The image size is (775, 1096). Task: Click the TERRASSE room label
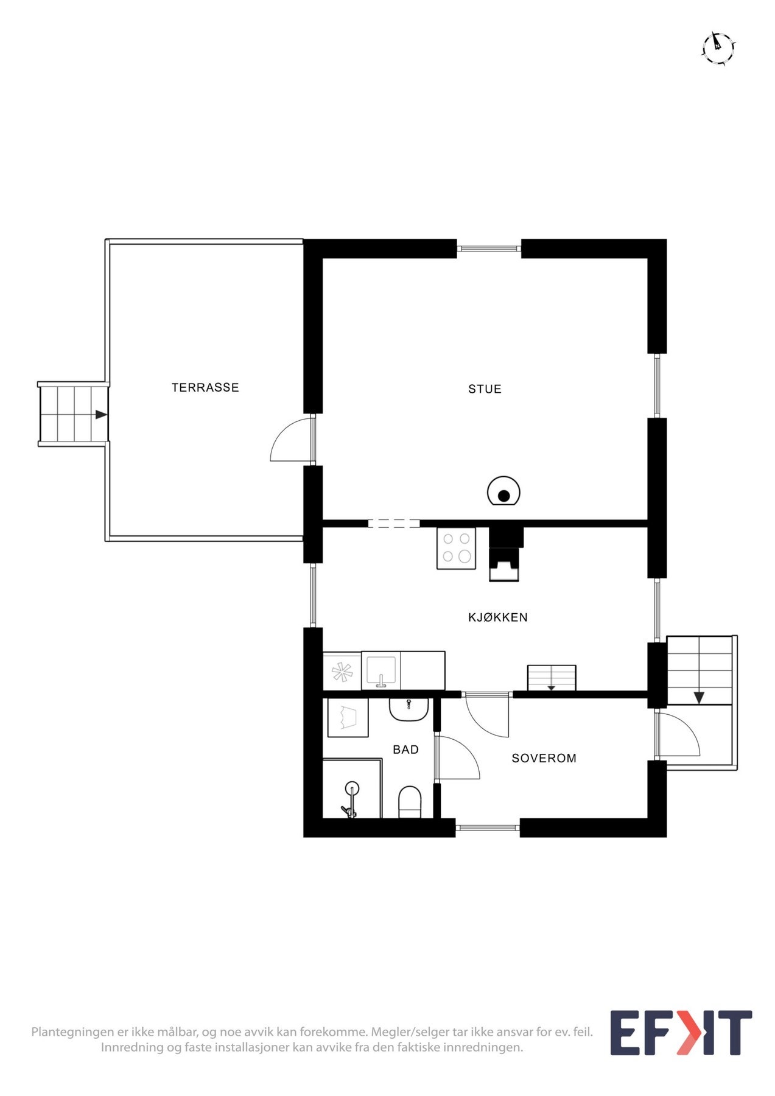(x=205, y=387)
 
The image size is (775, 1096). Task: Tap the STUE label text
(x=485, y=389)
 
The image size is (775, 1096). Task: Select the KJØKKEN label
(x=497, y=617)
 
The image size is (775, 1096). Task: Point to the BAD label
(x=405, y=750)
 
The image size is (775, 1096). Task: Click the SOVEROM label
(x=544, y=758)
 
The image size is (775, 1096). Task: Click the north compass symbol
(x=718, y=47)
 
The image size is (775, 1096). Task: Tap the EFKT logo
(x=681, y=1033)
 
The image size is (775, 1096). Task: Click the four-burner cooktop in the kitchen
(x=456, y=547)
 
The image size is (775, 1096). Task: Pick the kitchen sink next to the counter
(x=381, y=671)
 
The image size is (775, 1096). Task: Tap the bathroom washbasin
(x=409, y=709)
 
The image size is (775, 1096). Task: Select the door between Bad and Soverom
(x=458, y=758)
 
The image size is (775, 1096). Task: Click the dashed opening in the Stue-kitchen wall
(x=393, y=523)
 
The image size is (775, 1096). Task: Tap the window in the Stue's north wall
(x=489, y=248)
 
